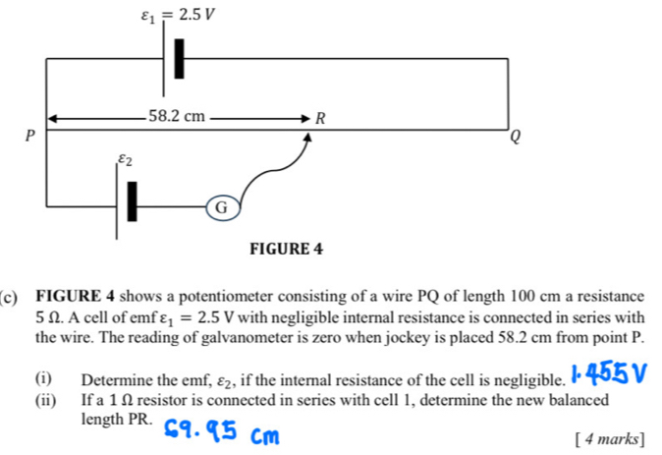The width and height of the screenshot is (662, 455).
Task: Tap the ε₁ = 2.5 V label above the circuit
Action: [178, 16]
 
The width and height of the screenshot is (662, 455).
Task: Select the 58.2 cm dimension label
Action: [177, 116]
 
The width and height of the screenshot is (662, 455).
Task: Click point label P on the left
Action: [29, 136]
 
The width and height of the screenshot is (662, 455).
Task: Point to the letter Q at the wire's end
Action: [515, 137]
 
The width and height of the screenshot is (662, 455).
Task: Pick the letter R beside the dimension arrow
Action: [320, 118]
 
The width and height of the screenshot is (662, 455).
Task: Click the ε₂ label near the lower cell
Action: [125, 159]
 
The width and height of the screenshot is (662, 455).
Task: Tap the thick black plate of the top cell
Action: [180, 59]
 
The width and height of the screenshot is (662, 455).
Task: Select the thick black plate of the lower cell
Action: [133, 201]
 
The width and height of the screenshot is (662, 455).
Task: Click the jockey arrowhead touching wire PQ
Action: [308, 137]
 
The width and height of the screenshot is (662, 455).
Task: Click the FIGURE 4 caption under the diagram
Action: [286, 249]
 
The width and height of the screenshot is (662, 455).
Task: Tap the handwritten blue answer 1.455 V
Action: [608, 373]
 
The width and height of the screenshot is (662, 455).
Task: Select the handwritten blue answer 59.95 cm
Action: [221, 431]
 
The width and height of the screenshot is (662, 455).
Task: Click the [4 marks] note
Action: [610, 439]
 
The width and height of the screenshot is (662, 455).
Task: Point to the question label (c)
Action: [9, 298]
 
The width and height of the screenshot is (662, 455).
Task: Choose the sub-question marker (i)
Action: [43, 378]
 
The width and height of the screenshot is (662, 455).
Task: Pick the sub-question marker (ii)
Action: [46, 399]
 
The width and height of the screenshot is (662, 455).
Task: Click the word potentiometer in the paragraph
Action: [228, 297]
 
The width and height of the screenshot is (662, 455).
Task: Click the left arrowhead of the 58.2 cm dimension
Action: [52, 119]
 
